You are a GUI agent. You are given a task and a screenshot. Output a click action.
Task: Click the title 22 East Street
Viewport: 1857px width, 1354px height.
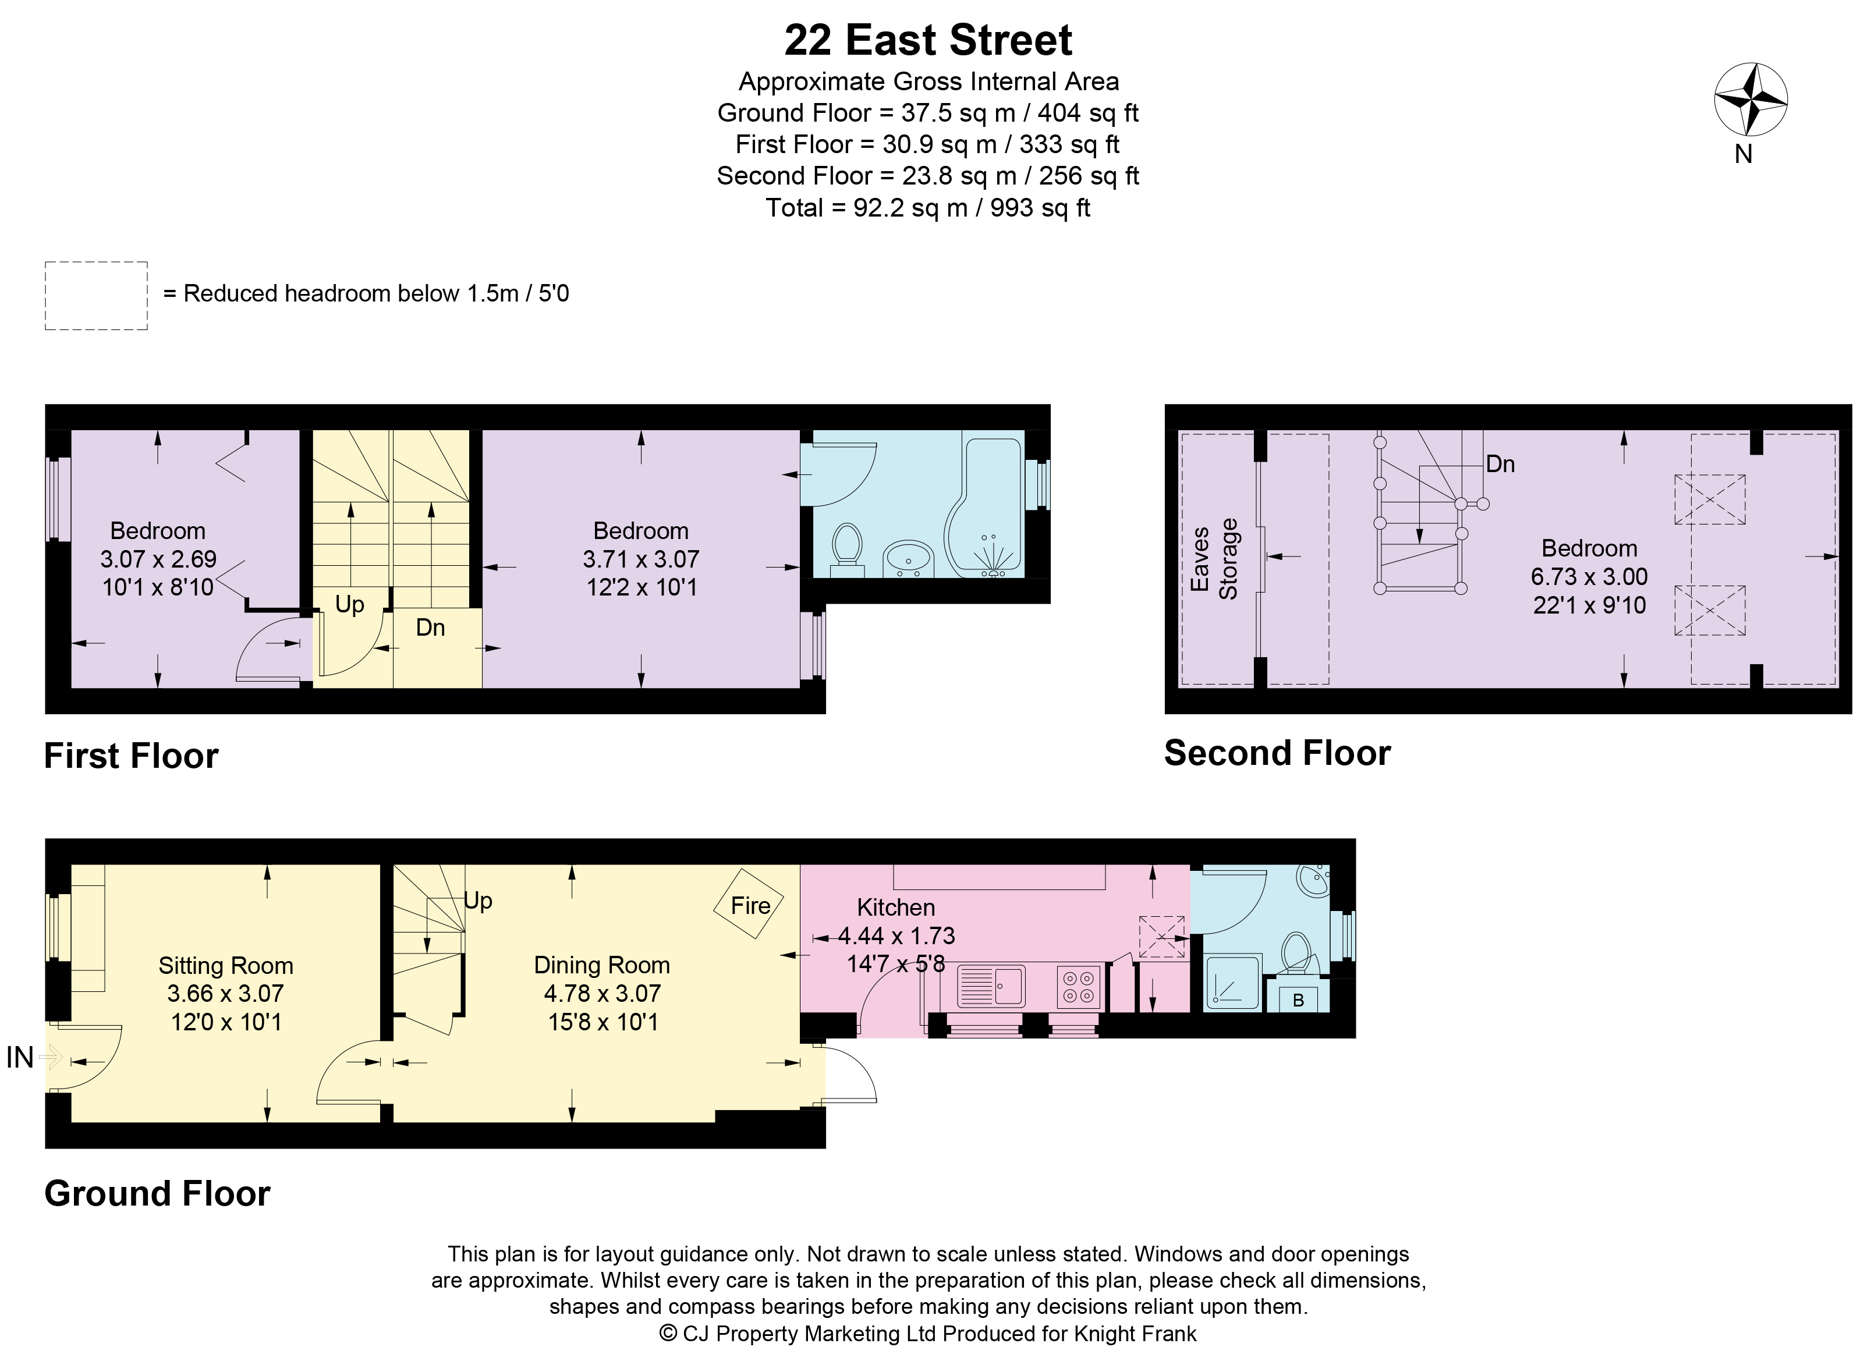pyautogui.click(x=928, y=40)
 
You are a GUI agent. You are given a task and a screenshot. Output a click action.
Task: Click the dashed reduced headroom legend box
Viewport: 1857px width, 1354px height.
pyautogui.click(x=96, y=296)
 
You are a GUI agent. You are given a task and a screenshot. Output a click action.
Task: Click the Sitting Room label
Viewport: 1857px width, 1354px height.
pyautogui.click(x=225, y=966)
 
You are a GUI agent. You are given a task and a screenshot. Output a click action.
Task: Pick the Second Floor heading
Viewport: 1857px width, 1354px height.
pyautogui.click(x=1277, y=753)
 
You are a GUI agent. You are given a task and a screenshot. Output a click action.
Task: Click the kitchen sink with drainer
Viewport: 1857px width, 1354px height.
pyautogui.click(x=991, y=986)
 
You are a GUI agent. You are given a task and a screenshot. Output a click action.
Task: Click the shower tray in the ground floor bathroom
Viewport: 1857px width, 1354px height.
pyautogui.click(x=1232, y=981)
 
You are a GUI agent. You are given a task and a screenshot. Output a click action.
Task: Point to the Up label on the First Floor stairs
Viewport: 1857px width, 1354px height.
pyautogui.click(x=349, y=605)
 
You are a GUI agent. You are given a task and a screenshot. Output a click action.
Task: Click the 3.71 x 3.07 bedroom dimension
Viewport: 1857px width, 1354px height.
pyautogui.click(x=641, y=559)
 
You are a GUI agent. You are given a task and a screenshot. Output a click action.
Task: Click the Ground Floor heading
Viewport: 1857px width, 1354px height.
pyautogui.click(x=157, y=1193)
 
